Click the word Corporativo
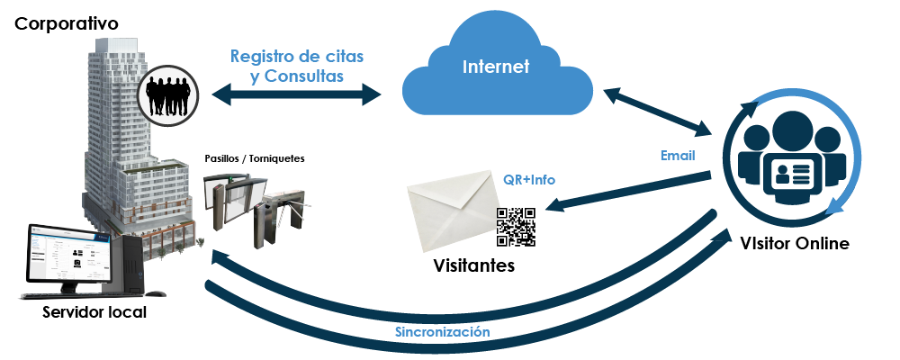click(67, 24)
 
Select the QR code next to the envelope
click(516, 227)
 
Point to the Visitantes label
click(473, 265)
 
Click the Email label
click(678, 156)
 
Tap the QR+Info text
click(529, 180)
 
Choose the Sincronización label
click(442, 332)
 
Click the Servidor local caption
click(94, 313)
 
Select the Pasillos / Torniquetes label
click(255, 158)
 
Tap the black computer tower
click(126, 265)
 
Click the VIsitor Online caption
click(795, 243)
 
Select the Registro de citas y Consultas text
click(297, 66)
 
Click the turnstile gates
click(257, 210)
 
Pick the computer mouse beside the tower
click(155, 294)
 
